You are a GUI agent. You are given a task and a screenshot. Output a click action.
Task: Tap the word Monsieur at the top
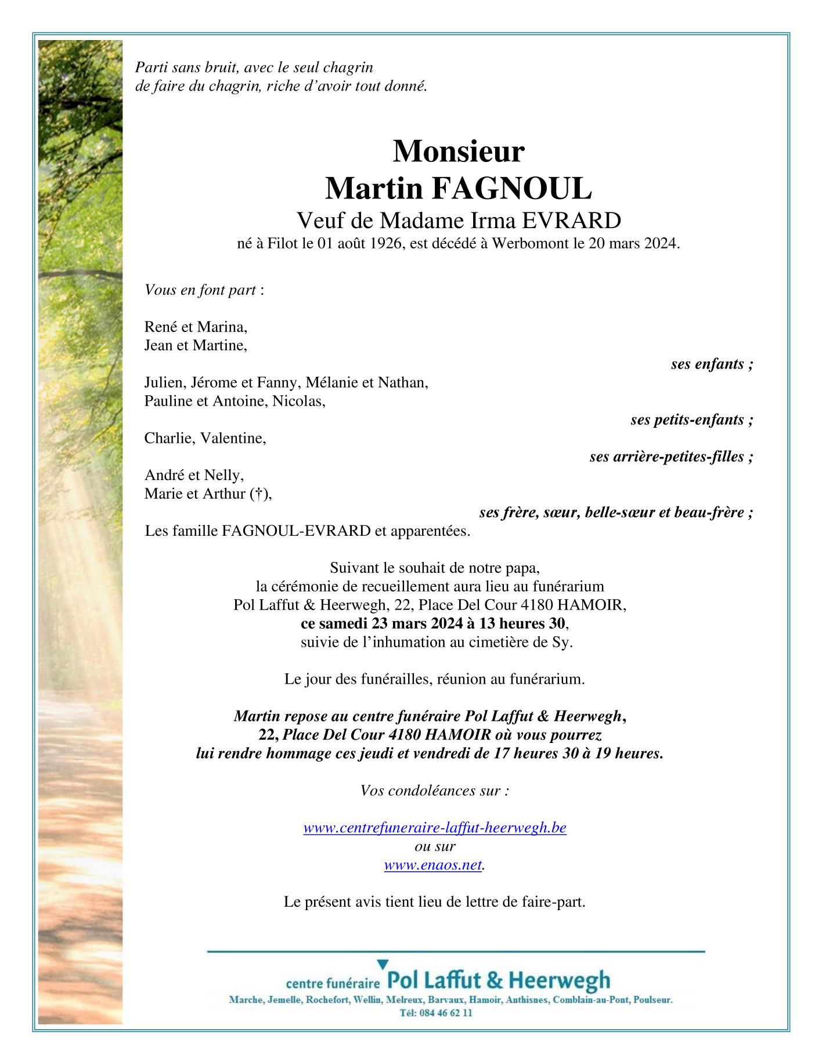click(459, 151)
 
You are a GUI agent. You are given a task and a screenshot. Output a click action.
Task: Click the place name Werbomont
click(531, 243)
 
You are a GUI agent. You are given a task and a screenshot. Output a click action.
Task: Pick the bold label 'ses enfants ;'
click(712, 364)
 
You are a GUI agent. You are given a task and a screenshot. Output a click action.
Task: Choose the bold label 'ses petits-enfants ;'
click(692, 420)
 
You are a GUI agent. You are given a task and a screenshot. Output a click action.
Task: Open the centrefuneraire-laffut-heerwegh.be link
click(435, 828)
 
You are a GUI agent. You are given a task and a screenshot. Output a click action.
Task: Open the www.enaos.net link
click(433, 865)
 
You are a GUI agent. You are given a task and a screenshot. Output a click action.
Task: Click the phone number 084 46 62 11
click(444, 1013)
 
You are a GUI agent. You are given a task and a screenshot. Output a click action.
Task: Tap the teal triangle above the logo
click(383, 964)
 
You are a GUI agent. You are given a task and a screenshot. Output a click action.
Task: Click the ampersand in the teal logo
click(495, 980)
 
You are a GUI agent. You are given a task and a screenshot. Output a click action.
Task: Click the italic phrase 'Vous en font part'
click(200, 290)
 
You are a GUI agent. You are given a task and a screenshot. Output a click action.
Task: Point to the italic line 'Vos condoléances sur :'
click(435, 791)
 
